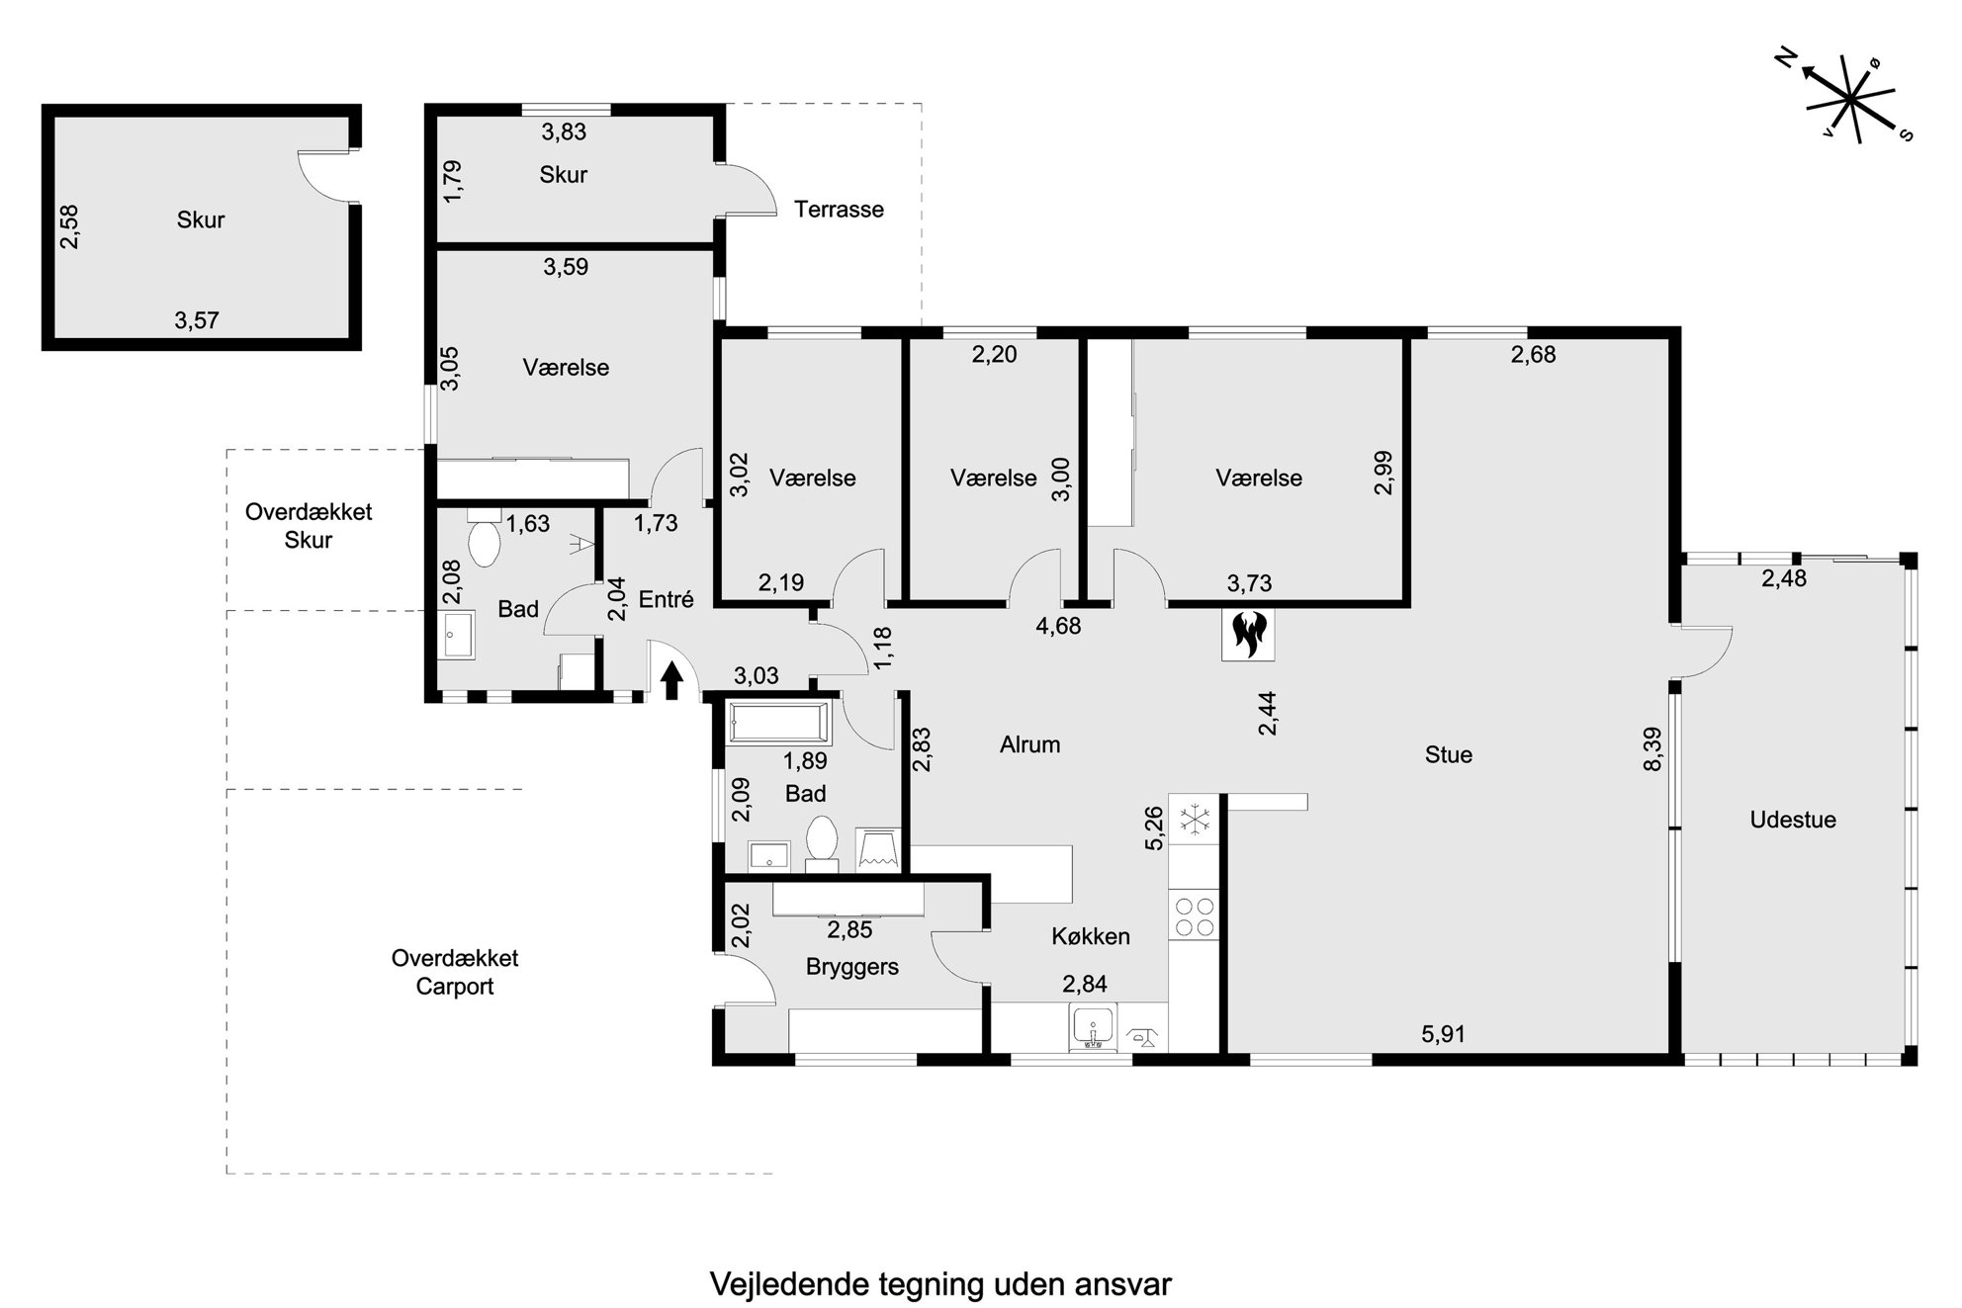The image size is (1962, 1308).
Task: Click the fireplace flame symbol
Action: pyautogui.click(x=1249, y=635)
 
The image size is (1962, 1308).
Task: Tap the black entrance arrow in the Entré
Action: pyautogui.click(x=671, y=680)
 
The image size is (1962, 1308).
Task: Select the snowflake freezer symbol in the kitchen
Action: pyautogui.click(x=1196, y=820)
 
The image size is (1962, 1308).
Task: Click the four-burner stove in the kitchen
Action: pyautogui.click(x=1194, y=916)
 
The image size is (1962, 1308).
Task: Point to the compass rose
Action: pyautogui.click(x=1847, y=102)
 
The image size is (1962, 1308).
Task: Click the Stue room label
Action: pyautogui.click(x=1449, y=755)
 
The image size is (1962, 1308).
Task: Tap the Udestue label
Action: pyautogui.click(x=1793, y=820)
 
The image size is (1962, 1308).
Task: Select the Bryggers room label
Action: pyautogui.click(x=852, y=967)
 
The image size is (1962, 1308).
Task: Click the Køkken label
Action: pyautogui.click(x=1091, y=936)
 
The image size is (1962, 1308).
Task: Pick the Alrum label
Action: pyautogui.click(x=1029, y=744)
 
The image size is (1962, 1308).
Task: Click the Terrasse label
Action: pyautogui.click(x=839, y=210)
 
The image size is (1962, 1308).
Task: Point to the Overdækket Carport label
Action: pyautogui.click(x=455, y=972)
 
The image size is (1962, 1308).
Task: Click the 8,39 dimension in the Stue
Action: pyautogui.click(x=1651, y=748)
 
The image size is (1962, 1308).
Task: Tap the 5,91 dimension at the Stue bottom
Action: pyautogui.click(x=1443, y=1034)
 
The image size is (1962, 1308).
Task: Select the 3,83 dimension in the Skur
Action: pyautogui.click(x=564, y=131)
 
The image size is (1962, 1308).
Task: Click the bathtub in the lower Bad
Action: pyautogui.click(x=779, y=723)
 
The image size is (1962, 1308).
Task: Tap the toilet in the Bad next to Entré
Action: pyautogui.click(x=484, y=538)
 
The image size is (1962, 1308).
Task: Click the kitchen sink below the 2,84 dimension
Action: pyautogui.click(x=1093, y=1027)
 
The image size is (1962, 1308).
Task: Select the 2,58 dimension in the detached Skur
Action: pyautogui.click(x=68, y=226)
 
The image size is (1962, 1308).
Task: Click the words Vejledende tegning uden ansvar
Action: pyautogui.click(x=940, y=1284)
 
